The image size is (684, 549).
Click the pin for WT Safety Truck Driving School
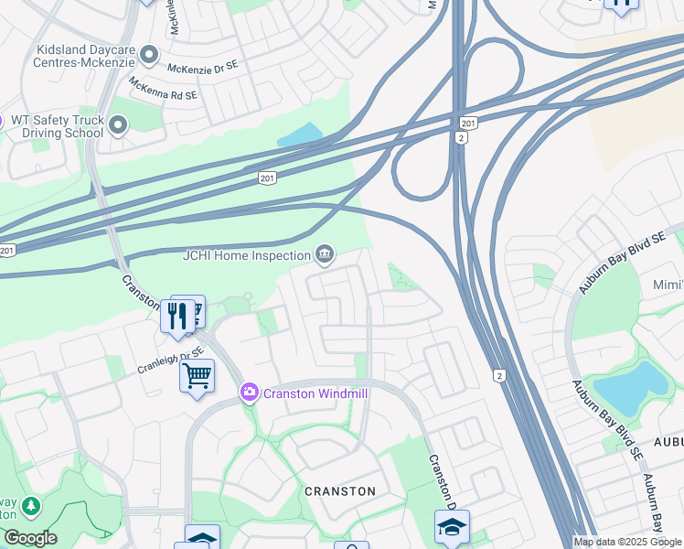tap(117, 124)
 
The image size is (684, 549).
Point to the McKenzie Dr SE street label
tap(202, 69)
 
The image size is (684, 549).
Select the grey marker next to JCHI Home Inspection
tap(324, 253)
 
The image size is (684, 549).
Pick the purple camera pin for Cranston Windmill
tap(249, 393)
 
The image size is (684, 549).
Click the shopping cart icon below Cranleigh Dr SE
tap(198, 374)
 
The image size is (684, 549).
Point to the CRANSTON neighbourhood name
tap(340, 491)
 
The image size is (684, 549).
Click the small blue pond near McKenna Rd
tap(299, 135)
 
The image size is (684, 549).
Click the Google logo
tap(29, 538)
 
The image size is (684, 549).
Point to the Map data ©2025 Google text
tap(627, 542)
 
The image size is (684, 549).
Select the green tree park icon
tap(31, 505)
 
